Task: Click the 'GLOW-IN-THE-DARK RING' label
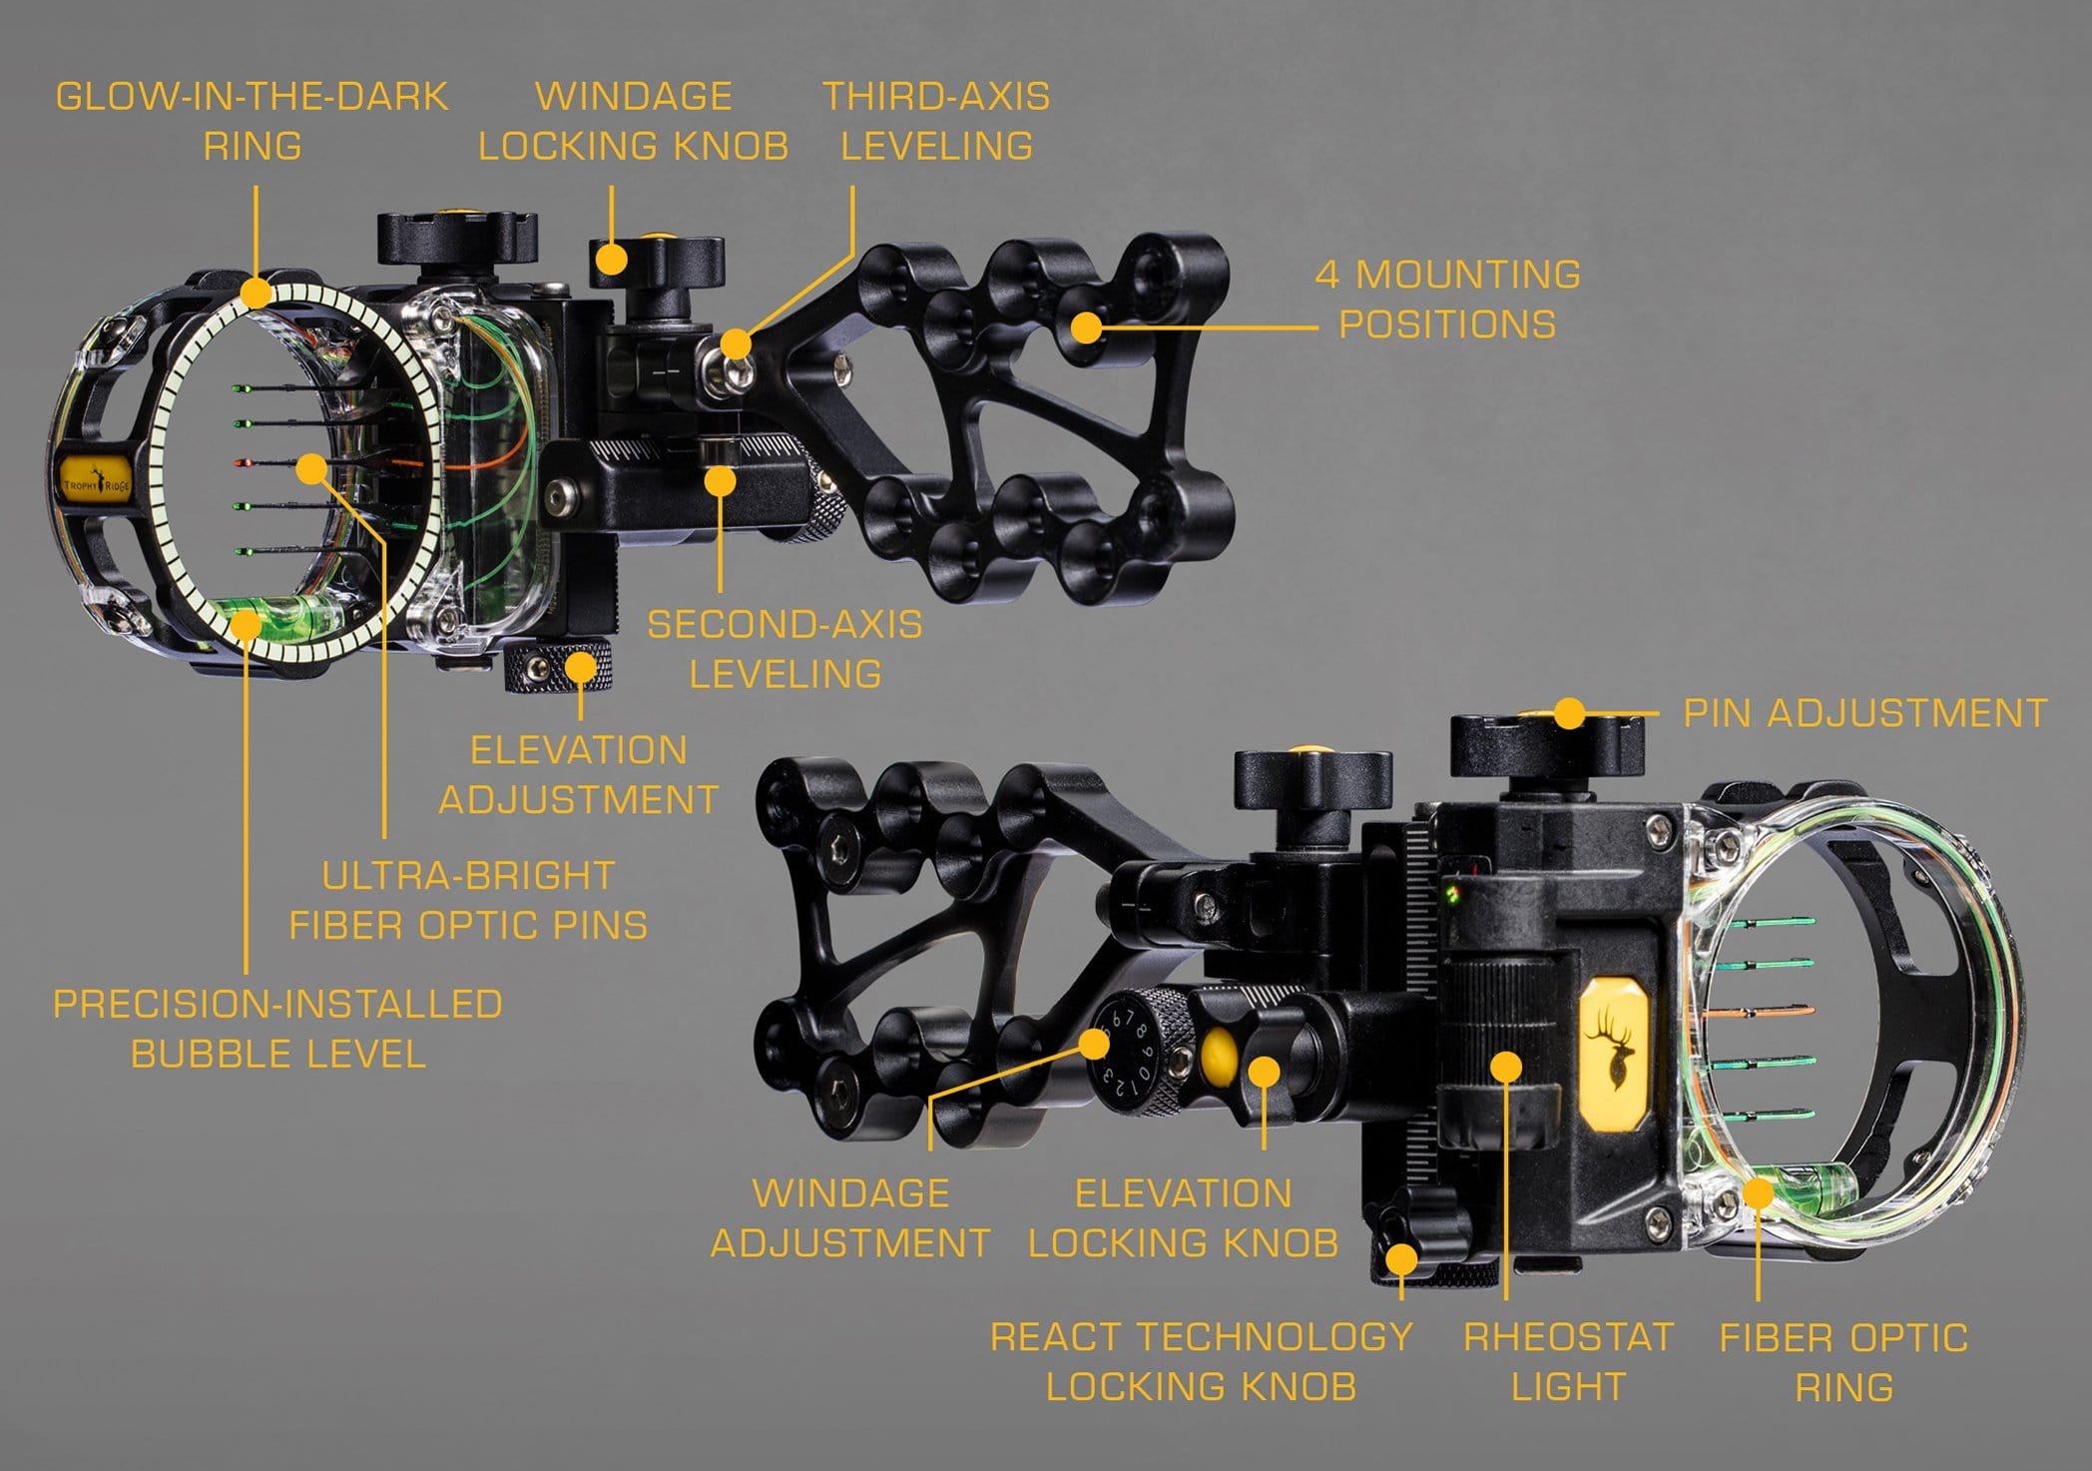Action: pos(252,121)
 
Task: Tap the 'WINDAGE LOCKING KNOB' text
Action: pos(634,121)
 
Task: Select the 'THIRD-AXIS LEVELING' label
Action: pos(936,121)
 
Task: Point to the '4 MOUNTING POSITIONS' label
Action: pos(1447,299)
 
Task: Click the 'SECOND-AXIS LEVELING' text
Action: pos(784,649)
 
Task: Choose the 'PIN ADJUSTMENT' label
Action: pos(1865,713)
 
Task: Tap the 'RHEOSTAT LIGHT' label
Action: pos(1568,1361)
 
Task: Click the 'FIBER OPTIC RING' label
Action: pos(1843,1361)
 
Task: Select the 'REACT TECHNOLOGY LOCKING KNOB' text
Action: pos(1201,1361)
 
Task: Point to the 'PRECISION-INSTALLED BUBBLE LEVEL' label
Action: pos(277,1029)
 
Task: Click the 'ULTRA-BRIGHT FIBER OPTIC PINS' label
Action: pos(468,900)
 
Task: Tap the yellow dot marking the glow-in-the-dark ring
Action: pos(256,294)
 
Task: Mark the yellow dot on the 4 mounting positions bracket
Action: pos(1087,327)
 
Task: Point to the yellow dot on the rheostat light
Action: pos(1505,1066)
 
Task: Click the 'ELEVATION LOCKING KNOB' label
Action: pos(1184,1218)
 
